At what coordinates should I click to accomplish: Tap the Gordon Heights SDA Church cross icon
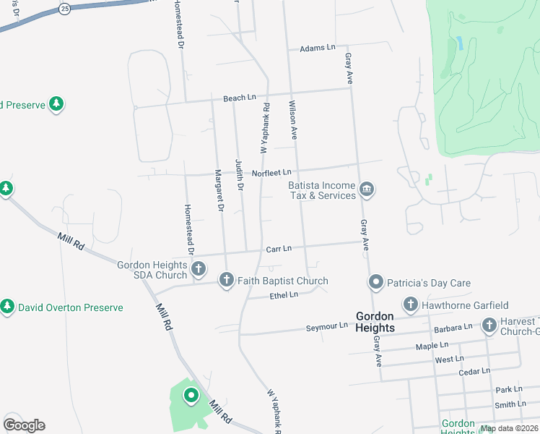click(199, 270)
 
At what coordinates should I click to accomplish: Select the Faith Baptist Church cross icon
click(226, 281)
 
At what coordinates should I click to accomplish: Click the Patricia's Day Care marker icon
click(375, 282)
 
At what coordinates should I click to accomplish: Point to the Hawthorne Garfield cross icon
click(411, 305)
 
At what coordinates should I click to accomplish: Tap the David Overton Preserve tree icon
click(7, 307)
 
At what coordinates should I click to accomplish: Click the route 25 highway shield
click(65, 9)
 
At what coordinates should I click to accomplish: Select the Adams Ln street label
click(318, 48)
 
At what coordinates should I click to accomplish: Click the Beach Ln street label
click(240, 98)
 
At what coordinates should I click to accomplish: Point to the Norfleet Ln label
click(271, 172)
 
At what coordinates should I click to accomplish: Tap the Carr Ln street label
click(278, 249)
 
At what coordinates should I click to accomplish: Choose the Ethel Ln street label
click(284, 295)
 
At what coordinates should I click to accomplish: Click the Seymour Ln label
click(326, 326)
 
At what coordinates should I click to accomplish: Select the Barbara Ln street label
click(453, 327)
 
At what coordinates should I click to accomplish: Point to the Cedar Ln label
click(474, 372)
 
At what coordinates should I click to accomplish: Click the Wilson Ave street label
click(294, 119)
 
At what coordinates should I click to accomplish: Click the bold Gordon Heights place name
click(375, 322)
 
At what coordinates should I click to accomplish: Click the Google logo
click(24, 425)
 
